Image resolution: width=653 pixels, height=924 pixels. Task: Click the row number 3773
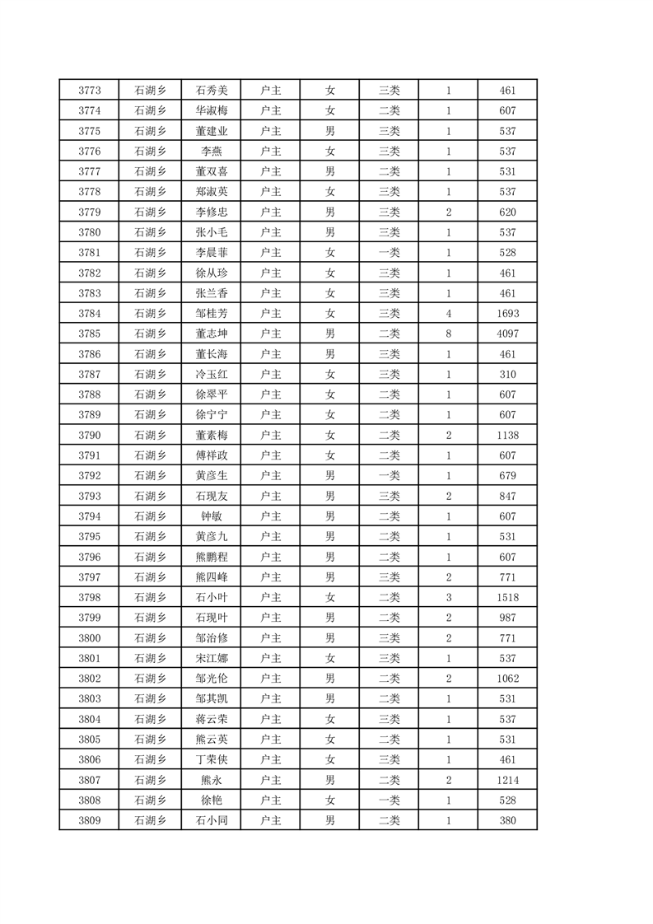(89, 90)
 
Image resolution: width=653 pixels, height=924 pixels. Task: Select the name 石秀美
(211, 90)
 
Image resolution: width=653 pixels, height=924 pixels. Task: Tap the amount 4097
(507, 334)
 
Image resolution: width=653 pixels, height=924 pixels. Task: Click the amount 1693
(507, 313)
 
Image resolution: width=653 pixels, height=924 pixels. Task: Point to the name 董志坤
(211, 334)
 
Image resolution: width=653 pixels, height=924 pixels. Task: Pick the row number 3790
(89, 435)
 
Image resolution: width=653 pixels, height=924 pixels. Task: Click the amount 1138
(507, 435)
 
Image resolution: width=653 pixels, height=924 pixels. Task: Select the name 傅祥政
(211, 455)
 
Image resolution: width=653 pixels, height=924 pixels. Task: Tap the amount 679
(507, 475)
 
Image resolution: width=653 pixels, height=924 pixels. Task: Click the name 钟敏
(211, 516)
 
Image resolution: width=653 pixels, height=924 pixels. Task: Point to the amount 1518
(507, 597)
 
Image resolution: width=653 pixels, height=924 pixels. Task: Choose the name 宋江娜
(211, 658)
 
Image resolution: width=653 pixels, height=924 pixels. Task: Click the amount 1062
(507, 679)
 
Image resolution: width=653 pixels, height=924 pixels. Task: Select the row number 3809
(89, 820)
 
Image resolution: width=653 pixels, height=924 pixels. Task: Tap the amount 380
(507, 820)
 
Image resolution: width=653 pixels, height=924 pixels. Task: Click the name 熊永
(211, 780)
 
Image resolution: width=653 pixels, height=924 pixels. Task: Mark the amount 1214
(507, 780)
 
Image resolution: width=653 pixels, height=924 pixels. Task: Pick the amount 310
(507, 374)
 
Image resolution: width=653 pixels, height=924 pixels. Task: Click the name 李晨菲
(211, 252)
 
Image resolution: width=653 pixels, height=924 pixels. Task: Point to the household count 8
(448, 334)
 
